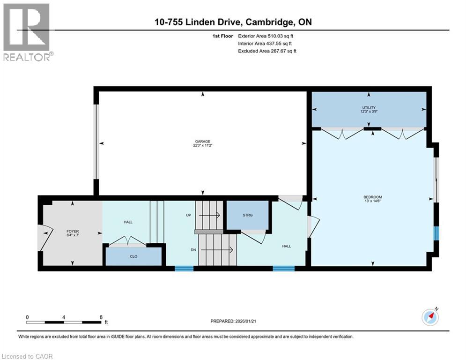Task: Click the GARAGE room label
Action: click(x=203, y=141)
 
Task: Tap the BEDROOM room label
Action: click(x=373, y=197)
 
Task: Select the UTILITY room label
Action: click(x=368, y=108)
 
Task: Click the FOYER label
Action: click(x=73, y=231)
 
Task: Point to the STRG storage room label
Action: click(x=247, y=215)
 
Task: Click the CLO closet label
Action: click(x=133, y=256)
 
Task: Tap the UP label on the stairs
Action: click(x=188, y=215)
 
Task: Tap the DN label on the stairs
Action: click(x=193, y=250)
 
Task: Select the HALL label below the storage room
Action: click(x=286, y=246)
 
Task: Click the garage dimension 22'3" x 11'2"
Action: click(x=203, y=145)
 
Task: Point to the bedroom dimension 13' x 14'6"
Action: click(x=373, y=201)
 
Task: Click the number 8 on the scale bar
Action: click(x=101, y=317)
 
